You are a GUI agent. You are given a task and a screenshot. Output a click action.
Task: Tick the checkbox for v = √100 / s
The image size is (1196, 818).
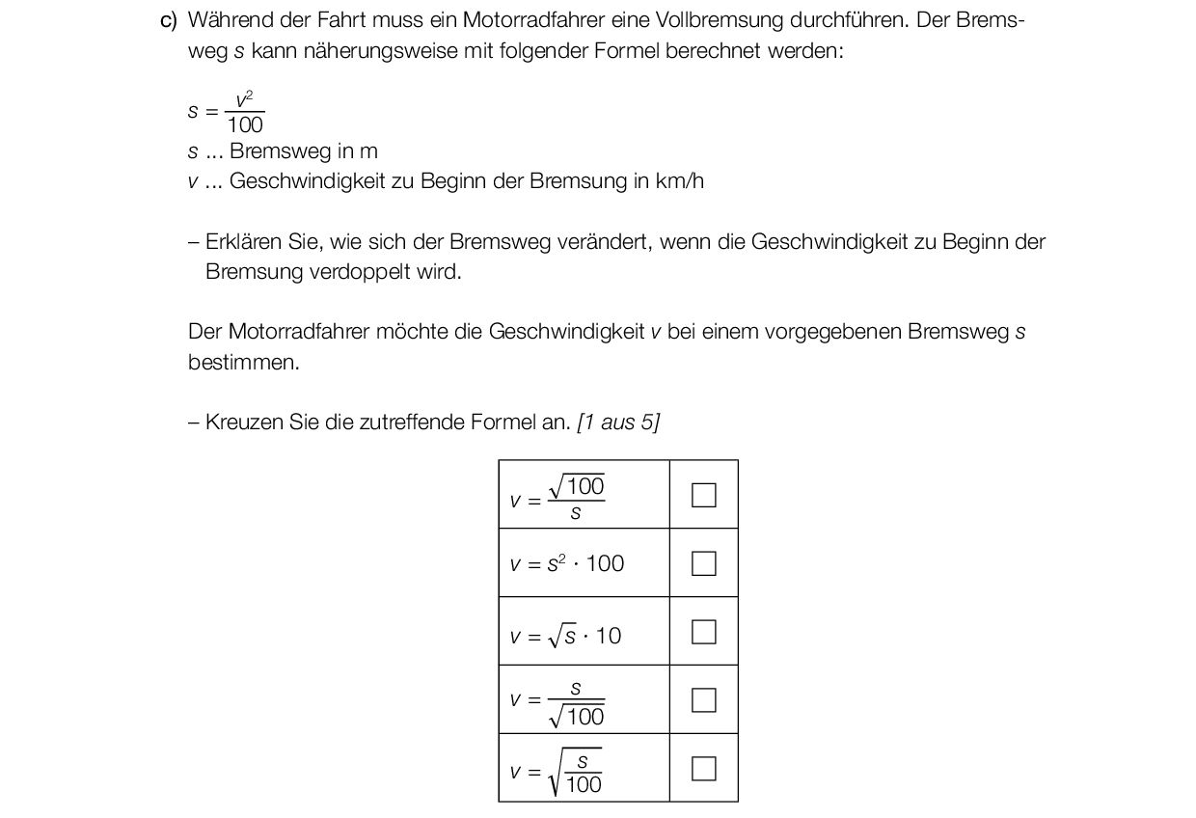coord(704,495)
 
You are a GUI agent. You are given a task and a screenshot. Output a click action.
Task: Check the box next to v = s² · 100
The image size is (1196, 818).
coord(704,563)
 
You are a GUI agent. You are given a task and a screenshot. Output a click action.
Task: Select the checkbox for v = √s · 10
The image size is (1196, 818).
coord(704,632)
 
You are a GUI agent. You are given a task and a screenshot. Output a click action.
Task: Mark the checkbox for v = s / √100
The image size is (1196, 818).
coord(704,700)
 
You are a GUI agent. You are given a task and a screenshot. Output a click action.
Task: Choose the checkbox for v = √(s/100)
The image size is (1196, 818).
coord(704,769)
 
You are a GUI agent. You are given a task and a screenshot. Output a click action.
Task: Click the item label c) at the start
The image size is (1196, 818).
coord(169,20)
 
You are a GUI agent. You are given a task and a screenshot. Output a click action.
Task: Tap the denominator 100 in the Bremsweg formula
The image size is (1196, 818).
coord(245,125)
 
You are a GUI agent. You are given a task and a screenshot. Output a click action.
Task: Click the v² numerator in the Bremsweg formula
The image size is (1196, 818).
coord(244,99)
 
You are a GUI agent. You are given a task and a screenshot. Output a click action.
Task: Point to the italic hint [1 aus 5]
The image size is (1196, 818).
coord(618,423)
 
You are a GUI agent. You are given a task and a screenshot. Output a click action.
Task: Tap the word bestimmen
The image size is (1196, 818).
coord(243,363)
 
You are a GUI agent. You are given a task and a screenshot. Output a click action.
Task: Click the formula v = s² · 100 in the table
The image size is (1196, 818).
coord(567,563)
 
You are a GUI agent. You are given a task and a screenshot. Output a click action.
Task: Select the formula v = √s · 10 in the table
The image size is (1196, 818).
coord(566,635)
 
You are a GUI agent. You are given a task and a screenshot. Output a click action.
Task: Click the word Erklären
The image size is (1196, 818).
coord(244,242)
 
